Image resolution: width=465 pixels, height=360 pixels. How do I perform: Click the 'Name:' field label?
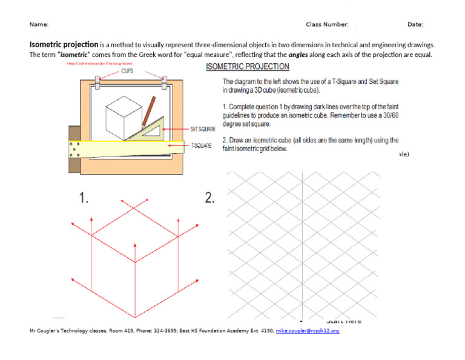[39, 24]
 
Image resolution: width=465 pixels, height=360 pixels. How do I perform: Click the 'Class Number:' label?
[327, 24]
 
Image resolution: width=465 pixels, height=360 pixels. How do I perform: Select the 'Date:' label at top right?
[415, 24]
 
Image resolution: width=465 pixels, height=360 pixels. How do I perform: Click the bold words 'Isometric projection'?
[64, 44]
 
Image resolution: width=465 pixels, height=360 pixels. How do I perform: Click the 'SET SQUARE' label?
[203, 129]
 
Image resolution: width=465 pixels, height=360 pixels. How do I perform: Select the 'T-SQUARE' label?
[201, 146]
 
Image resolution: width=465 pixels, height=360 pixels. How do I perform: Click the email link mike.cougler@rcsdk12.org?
[308, 331]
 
